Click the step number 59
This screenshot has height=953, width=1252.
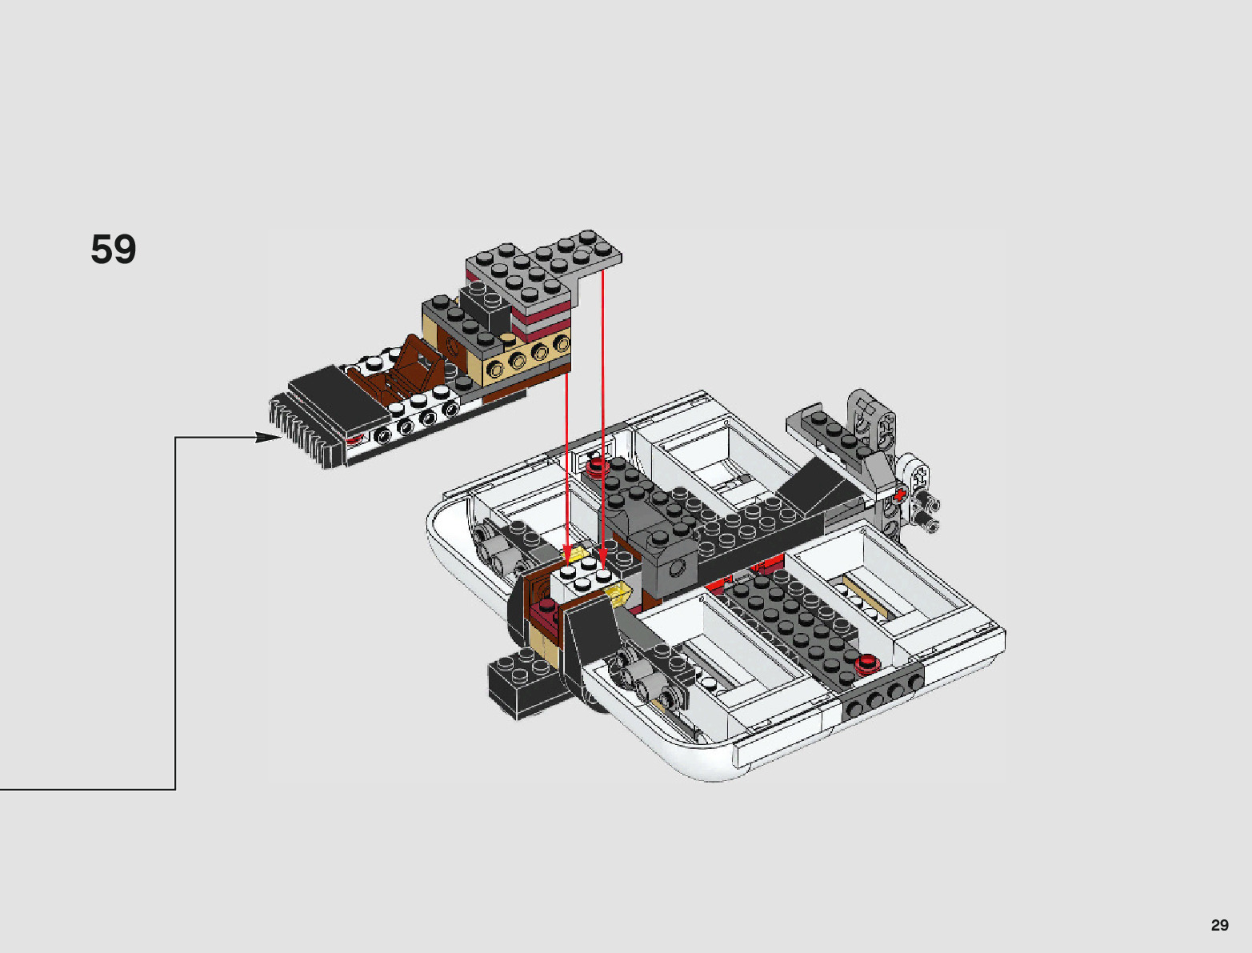[114, 249]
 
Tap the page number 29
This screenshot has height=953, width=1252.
[1219, 924]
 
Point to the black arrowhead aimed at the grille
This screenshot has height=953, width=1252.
[268, 438]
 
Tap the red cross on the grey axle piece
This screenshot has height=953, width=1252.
[899, 495]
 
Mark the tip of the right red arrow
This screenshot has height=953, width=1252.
[603, 561]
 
